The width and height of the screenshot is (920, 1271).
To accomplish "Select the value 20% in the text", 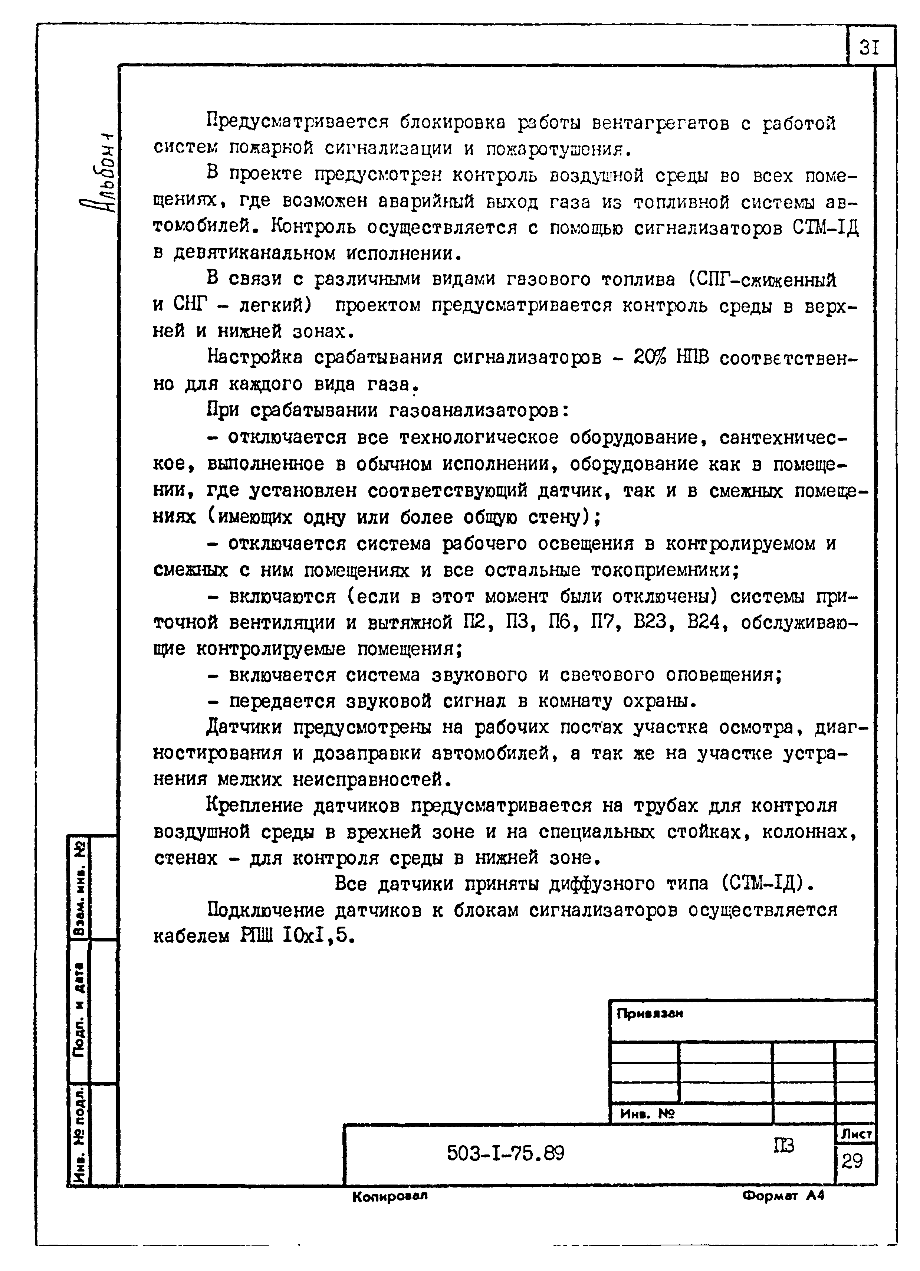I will click(649, 357).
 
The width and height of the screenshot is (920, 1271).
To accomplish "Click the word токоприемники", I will click(664, 570).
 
